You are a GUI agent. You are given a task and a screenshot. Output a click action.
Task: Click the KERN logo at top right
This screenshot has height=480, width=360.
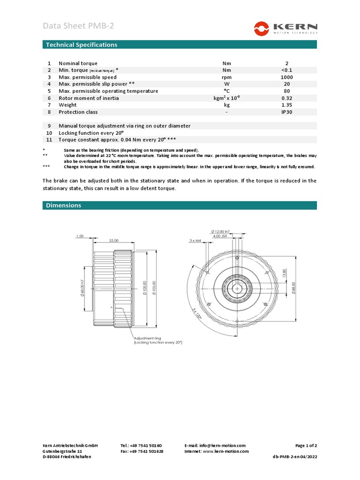(x=285, y=28)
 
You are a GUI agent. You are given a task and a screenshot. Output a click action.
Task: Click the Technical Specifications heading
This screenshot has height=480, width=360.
(x=81, y=45)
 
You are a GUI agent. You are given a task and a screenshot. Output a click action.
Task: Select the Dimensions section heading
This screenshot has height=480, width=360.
(x=63, y=205)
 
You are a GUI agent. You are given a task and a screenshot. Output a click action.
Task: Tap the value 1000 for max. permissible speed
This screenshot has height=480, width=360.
(x=287, y=77)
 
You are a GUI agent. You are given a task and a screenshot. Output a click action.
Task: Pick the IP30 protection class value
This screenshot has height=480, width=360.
(x=287, y=112)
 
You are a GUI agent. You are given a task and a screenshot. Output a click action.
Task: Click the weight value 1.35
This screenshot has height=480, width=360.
(x=287, y=105)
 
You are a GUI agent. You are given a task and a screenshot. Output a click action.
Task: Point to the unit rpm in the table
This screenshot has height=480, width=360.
(x=227, y=77)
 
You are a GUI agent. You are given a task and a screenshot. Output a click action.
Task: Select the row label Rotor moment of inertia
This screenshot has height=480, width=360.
(x=89, y=98)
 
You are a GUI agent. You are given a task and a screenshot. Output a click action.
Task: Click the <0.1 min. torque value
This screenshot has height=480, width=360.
(x=287, y=70)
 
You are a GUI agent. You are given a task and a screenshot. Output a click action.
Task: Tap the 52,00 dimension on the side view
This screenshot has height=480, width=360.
(x=113, y=240)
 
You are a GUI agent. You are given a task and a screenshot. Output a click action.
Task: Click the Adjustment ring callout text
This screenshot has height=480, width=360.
(x=148, y=337)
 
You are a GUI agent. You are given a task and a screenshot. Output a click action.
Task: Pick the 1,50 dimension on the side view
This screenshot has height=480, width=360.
(x=80, y=237)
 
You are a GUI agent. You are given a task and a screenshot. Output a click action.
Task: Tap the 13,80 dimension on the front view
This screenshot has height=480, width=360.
(x=285, y=272)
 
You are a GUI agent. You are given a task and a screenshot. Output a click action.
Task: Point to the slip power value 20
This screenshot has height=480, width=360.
(x=287, y=84)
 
